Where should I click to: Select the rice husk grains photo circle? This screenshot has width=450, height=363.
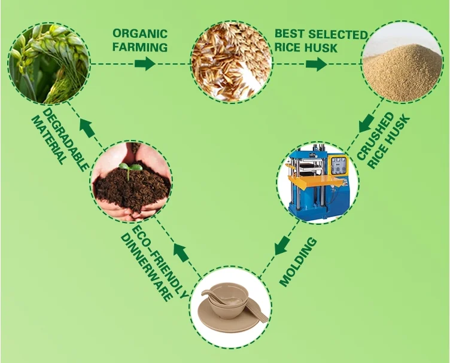(231, 60)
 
